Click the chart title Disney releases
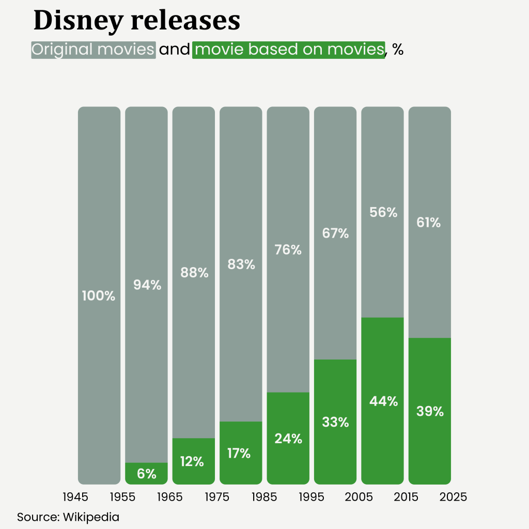(136, 21)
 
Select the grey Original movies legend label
(94, 50)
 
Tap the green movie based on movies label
(288, 50)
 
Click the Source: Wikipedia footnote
(68, 517)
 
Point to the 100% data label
(99, 296)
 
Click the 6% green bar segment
(147, 473)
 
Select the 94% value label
(147, 285)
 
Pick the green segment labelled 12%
(194, 461)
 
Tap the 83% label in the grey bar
(241, 264)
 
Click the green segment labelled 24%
(288, 438)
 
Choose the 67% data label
(335, 234)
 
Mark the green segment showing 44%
(383, 401)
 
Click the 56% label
(383, 212)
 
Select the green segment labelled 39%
(430, 411)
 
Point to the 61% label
(430, 223)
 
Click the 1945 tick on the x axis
(75, 497)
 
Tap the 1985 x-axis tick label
(264, 497)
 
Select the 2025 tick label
(453, 497)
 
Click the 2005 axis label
(359, 497)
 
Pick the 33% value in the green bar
(335, 422)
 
